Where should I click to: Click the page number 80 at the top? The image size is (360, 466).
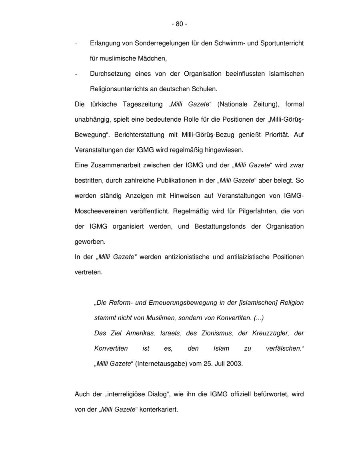pyautogui.click(x=179, y=24)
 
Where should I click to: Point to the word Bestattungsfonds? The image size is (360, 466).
pyautogui.click(x=220, y=226)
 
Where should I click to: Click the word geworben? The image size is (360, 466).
pyautogui.click(x=89, y=241)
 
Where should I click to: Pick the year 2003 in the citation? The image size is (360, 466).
pyautogui.click(x=234, y=364)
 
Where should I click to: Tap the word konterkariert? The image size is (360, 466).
pyautogui.click(x=158, y=409)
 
